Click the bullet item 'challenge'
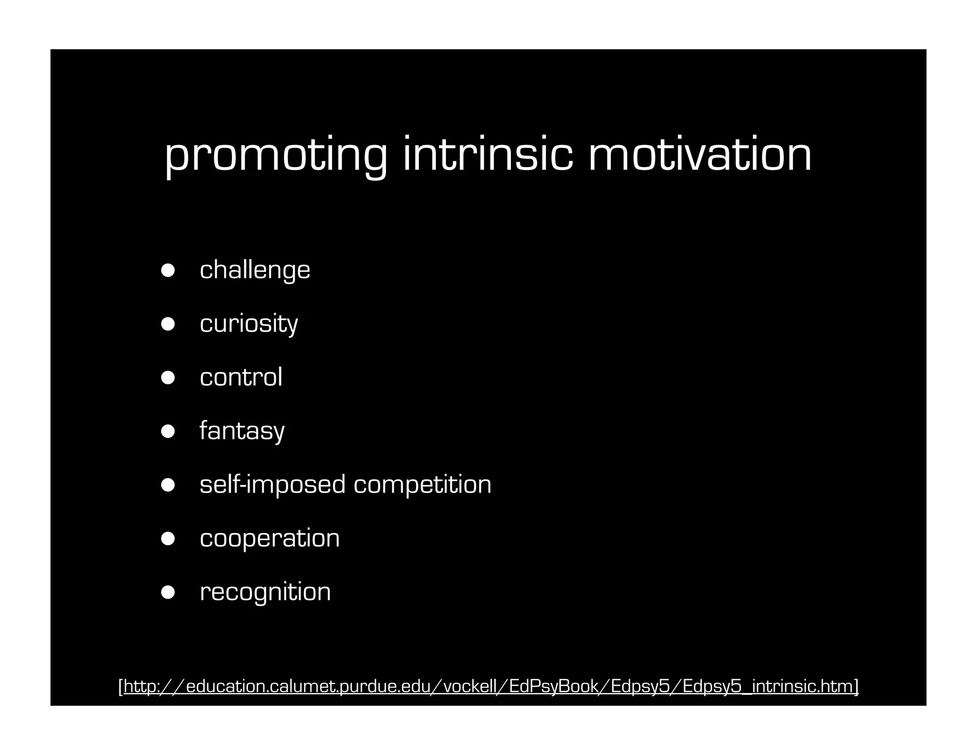point(255,270)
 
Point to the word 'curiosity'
point(249,324)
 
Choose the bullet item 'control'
point(241,377)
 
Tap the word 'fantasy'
point(242,431)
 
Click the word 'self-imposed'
point(272,484)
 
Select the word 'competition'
point(422,485)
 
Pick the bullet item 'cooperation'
point(270,538)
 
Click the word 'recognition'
point(265,592)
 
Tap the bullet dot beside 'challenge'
point(168,270)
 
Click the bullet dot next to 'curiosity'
point(168,324)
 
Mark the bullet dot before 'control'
point(168,377)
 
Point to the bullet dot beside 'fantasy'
point(168,431)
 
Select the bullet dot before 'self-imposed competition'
point(168,485)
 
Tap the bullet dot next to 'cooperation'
point(168,538)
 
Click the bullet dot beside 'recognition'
point(168,592)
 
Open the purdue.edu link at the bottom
point(488,686)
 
